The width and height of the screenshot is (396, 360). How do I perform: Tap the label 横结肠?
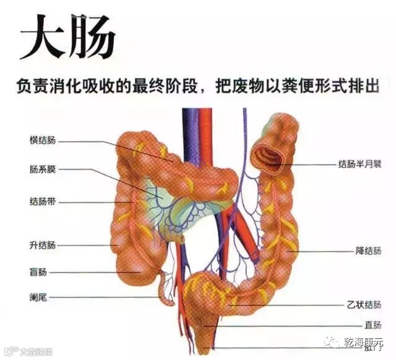point(43,140)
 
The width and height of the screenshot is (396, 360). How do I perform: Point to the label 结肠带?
point(43,202)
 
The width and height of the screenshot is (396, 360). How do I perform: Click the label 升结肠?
point(43,245)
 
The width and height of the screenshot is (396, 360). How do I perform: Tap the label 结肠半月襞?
point(358,165)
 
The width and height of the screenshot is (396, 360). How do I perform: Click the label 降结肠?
point(368,251)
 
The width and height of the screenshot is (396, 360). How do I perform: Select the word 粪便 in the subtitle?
point(291,87)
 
